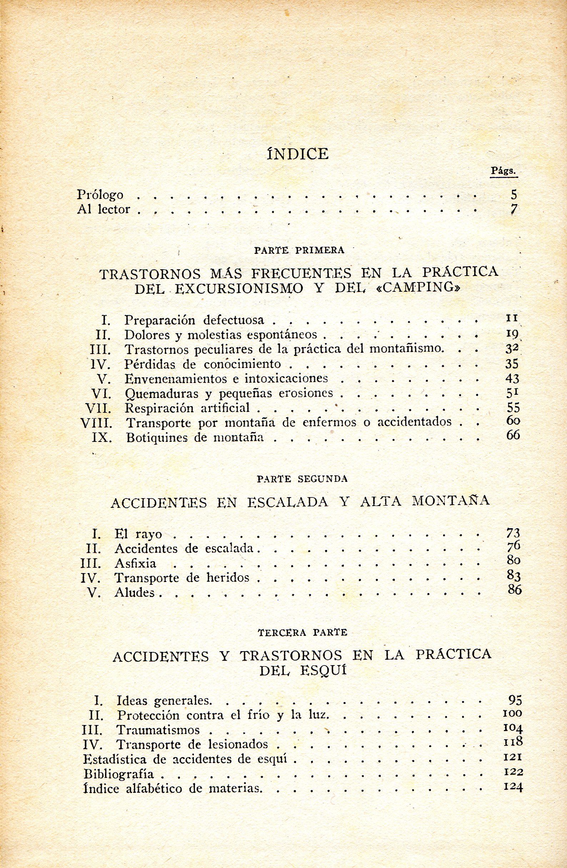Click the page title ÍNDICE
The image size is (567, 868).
(298, 154)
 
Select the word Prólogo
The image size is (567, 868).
(100, 195)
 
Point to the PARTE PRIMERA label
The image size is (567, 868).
(299, 250)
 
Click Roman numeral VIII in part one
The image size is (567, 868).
(96, 423)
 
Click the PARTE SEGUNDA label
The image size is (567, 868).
(302, 479)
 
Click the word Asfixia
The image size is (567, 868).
(135, 563)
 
